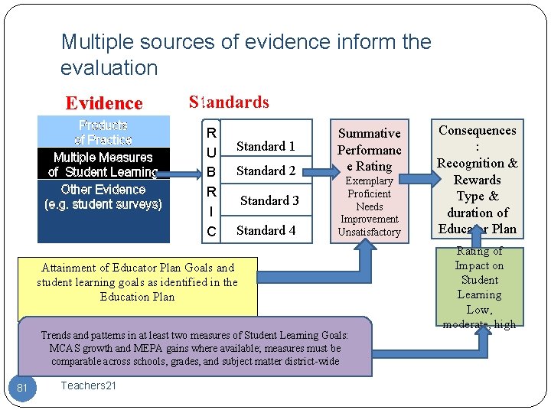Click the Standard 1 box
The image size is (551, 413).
(266, 146)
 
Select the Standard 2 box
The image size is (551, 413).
(266, 171)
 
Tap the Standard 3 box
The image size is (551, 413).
(269, 200)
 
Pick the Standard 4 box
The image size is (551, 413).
(266, 230)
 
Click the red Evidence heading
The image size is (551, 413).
(104, 103)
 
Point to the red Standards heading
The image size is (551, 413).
(229, 102)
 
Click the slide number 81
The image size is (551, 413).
(22, 388)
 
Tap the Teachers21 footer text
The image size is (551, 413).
(89, 385)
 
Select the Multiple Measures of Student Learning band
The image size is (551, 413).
(103, 164)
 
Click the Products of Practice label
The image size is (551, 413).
(103, 132)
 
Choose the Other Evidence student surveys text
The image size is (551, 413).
(103, 197)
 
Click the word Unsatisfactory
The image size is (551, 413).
(369, 232)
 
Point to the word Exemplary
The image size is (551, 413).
(370, 180)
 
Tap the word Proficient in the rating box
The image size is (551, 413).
(370, 193)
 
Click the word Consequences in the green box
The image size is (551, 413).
(477, 131)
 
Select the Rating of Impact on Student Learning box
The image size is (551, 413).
(479, 287)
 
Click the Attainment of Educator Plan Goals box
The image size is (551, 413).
(138, 282)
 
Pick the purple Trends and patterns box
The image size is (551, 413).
(194, 348)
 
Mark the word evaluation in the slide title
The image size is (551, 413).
(109, 67)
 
